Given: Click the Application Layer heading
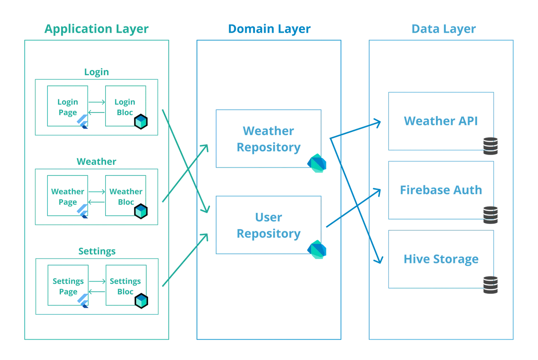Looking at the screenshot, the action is [x=96, y=29].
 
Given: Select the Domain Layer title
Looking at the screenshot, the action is [x=269, y=29].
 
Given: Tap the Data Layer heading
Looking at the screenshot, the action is [x=444, y=29].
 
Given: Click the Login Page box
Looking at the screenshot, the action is [x=68, y=106].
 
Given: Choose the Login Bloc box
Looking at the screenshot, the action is [x=126, y=106].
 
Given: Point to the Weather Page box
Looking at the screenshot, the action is [x=68, y=195].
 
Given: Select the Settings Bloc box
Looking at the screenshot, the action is [x=126, y=285].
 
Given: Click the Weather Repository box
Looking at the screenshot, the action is [x=269, y=139].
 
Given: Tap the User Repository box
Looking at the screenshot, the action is [x=269, y=225].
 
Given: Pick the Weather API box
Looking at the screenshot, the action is [x=441, y=121].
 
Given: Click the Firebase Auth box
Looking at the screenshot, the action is [x=441, y=190].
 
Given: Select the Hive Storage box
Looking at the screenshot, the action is [x=441, y=259].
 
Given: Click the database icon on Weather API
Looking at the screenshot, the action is [x=491, y=146].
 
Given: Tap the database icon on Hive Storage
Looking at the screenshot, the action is [x=491, y=285].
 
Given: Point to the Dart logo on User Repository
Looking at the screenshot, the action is [x=317, y=249].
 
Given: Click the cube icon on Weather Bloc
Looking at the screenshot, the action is [x=141, y=211].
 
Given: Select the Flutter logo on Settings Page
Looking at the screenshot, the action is [x=83, y=301].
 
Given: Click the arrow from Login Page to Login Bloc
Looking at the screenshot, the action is [x=97, y=102].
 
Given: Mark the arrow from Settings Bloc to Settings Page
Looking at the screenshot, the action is [x=97, y=291].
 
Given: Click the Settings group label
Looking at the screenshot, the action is [x=97, y=251].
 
